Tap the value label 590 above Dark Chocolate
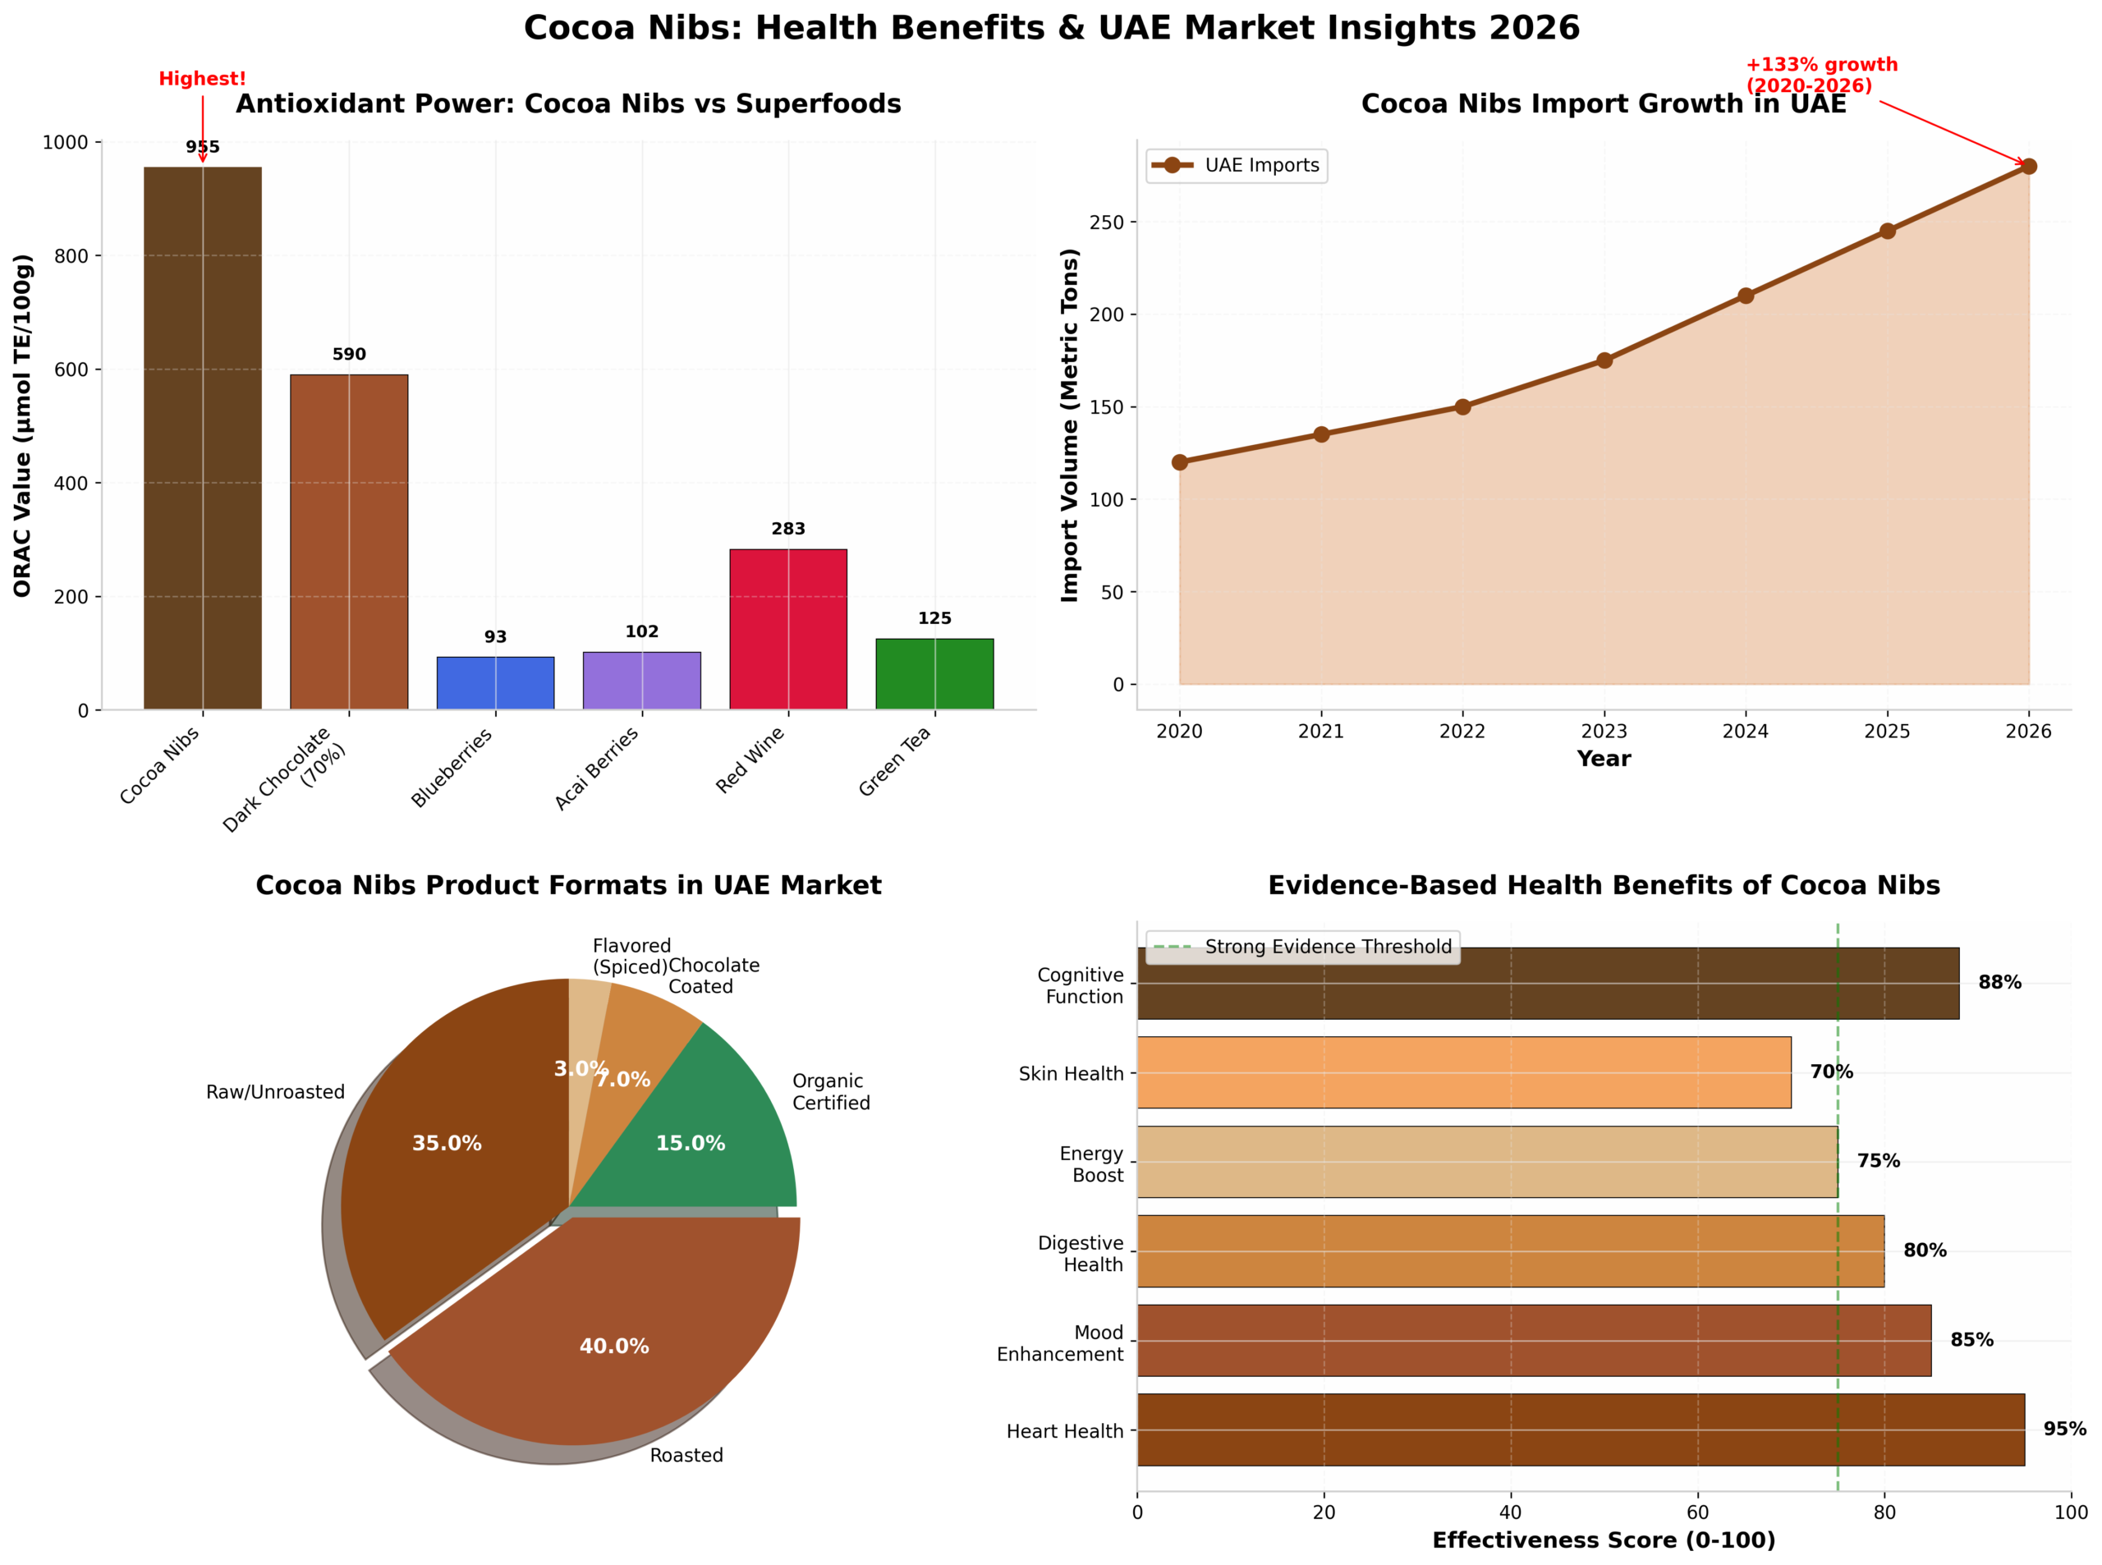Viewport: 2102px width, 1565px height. click(349, 355)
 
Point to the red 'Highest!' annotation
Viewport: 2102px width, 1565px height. click(202, 79)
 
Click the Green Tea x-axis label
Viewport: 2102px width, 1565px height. click(895, 762)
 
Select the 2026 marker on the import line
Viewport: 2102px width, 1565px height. click(2028, 167)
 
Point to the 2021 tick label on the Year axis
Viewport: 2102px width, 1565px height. click(1320, 732)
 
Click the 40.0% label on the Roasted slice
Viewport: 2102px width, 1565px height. click(614, 1346)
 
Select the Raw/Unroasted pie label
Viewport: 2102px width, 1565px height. click(275, 1092)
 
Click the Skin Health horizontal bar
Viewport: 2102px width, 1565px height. click(1462, 1072)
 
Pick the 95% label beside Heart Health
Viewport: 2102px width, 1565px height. click(2064, 1429)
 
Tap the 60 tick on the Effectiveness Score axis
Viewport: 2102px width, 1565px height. click(1696, 1512)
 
